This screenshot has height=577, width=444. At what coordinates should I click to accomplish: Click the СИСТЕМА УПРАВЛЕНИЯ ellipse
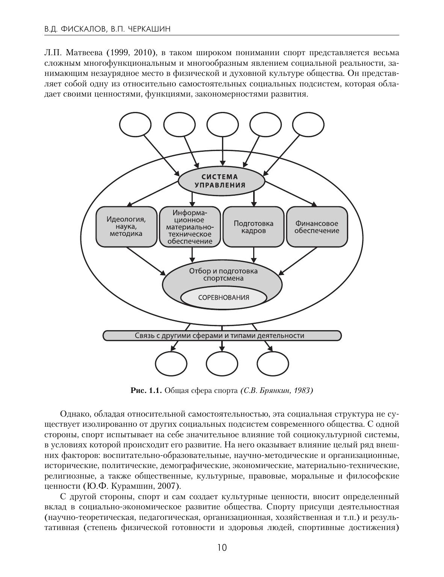point(222,181)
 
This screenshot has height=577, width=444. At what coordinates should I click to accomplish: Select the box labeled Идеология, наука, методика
point(126,226)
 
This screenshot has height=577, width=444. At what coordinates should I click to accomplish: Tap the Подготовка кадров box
point(254,227)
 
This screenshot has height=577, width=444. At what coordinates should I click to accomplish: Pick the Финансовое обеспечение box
point(317,227)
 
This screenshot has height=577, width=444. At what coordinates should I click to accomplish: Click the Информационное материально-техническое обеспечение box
point(190,227)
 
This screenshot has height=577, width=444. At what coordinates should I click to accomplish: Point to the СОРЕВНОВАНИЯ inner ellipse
point(224,298)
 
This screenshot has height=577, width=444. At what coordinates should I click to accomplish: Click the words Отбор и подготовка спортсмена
point(223,274)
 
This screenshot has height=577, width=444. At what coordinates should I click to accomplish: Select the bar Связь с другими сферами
point(222,335)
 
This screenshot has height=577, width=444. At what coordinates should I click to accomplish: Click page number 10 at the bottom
point(222,547)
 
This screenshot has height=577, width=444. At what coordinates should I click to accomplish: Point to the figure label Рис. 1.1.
point(146,391)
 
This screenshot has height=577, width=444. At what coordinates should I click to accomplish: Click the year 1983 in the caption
point(303,391)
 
